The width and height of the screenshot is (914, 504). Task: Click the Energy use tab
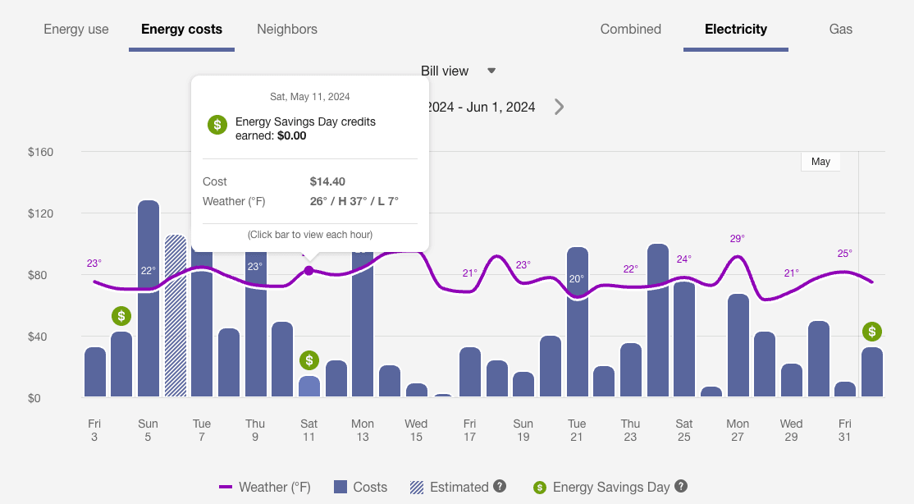(76, 30)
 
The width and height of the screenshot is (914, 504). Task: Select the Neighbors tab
(287, 30)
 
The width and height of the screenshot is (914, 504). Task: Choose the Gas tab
(840, 30)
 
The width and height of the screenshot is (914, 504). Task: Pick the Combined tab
(630, 30)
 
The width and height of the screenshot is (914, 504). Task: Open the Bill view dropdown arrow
(491, 71)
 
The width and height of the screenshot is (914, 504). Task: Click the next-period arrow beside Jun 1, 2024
(559, 107)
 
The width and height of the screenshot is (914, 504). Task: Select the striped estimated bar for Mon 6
(176, 316)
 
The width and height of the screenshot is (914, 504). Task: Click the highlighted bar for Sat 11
(309, 387)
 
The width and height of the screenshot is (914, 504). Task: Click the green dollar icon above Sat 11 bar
(309, 360)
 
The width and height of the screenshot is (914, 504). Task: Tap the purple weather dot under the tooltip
(308, 271)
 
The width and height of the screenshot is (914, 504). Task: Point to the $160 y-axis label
(40, 152)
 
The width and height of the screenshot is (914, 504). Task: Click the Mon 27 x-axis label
(738, 430)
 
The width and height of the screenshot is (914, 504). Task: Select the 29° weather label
(738, 239)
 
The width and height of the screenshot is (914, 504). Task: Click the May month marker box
(820, 162)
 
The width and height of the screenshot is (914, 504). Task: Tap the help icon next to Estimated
(499, 487)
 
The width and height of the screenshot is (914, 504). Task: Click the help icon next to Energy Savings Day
(680, 487)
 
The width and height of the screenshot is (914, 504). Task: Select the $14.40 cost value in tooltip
(327, 181)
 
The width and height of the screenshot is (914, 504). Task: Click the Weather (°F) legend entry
(265, 488)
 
